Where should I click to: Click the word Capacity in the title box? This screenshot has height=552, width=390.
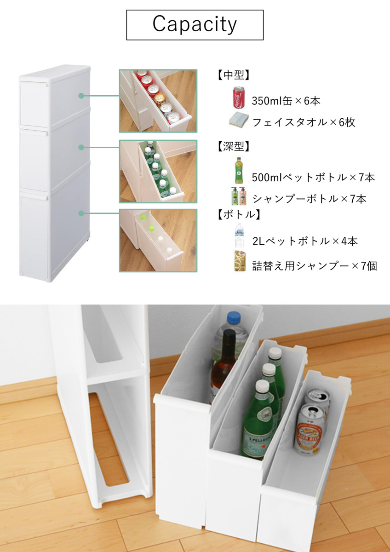[x=195, y=24]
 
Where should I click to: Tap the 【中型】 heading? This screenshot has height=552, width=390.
[x=234, y=75]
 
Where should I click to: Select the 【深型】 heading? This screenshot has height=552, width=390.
[x=234, y=146]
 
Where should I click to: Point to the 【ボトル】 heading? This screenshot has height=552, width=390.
[x=239, y=214]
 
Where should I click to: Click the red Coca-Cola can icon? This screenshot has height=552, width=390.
[x=239, y=98]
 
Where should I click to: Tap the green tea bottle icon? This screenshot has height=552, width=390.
[x=239, y=170]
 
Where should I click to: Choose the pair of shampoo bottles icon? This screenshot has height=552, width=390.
[x=239, y=196]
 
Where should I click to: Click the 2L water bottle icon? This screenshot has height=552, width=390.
[x=239, y=236]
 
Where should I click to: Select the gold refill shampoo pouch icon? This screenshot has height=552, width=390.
[x=240, y=261]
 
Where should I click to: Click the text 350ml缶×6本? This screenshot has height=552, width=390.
[x=286, y=101]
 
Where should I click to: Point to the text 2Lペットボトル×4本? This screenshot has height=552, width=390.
[x=305, y=241]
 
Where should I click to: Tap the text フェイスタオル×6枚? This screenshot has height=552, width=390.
[x=304, y=122]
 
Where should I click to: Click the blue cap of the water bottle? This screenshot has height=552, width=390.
[x=234, y=318]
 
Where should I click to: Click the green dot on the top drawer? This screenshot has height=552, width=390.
[x=81, y=96]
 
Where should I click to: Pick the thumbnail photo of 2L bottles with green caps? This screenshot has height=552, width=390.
[x=158, y=241]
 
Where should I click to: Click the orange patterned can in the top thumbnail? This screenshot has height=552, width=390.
[x=160, y=98]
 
